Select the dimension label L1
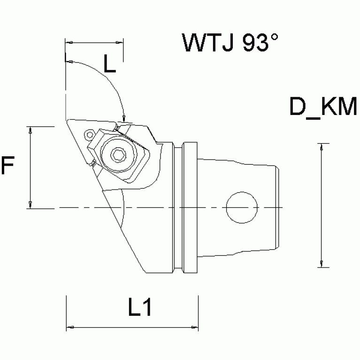pos(139,308)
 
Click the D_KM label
pos(323,107)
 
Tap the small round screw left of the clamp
pos(89,136)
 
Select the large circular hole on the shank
pos(242,207)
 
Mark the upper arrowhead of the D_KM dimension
pos(321,146)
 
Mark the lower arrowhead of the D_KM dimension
pos(321,264)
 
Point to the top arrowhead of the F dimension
pos(31,130)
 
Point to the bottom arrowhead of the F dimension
pos(31,204)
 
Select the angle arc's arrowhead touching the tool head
pos(123,117)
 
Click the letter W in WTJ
pos(193,44)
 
